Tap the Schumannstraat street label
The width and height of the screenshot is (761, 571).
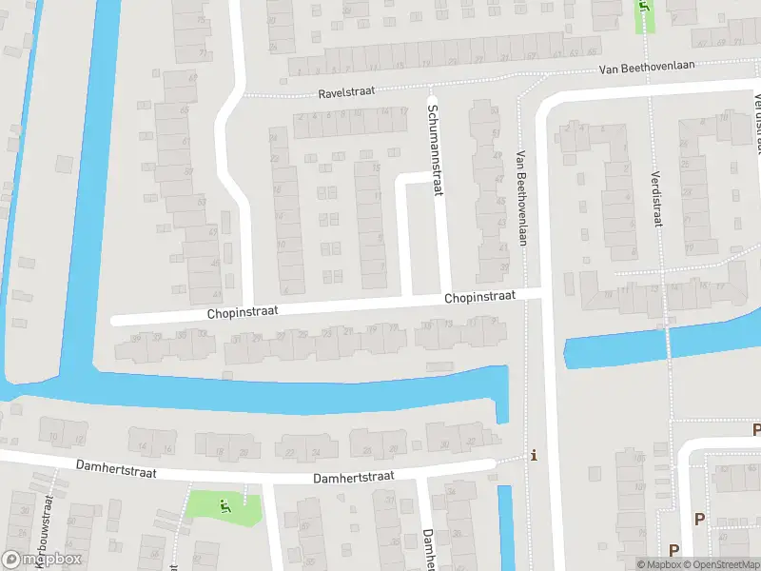coord(436,151)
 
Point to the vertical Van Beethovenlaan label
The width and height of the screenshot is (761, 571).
coord(521,198)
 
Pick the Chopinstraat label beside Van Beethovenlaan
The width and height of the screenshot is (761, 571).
coord(479,298)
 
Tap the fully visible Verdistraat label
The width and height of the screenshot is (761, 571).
coord(655,199)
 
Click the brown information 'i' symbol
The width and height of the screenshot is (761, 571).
coord(534,455)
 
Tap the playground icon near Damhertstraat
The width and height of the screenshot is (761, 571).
coord(225,506)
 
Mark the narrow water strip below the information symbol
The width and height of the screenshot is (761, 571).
coord(505,523)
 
